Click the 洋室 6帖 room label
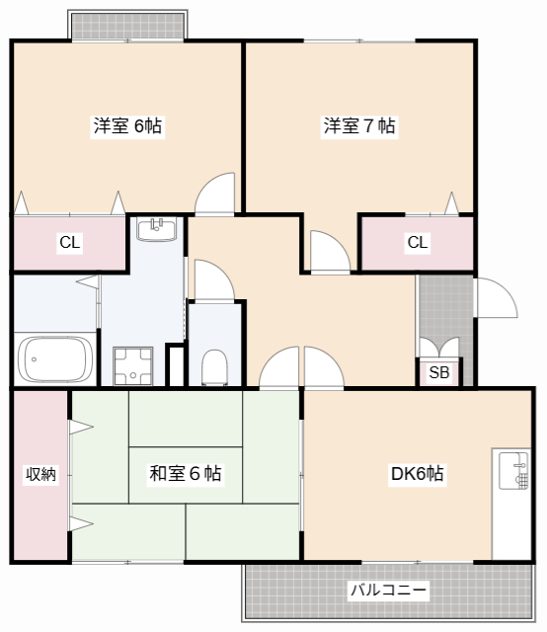[127, 126]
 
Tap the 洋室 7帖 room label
[359, 126]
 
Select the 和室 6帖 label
[185, 474]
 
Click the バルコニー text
[388, 592]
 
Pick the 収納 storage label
[40, 474]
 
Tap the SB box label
[439, 372]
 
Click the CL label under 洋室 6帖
[69, 242]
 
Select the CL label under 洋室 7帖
[417, 242]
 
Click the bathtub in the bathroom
[56, 358]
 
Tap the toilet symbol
[214, 366]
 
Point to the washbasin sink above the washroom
[156, 231]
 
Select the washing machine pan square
[132, 365]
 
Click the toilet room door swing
[210, 280]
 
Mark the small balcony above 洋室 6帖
[126, 25]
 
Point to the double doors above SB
[439, 348]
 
